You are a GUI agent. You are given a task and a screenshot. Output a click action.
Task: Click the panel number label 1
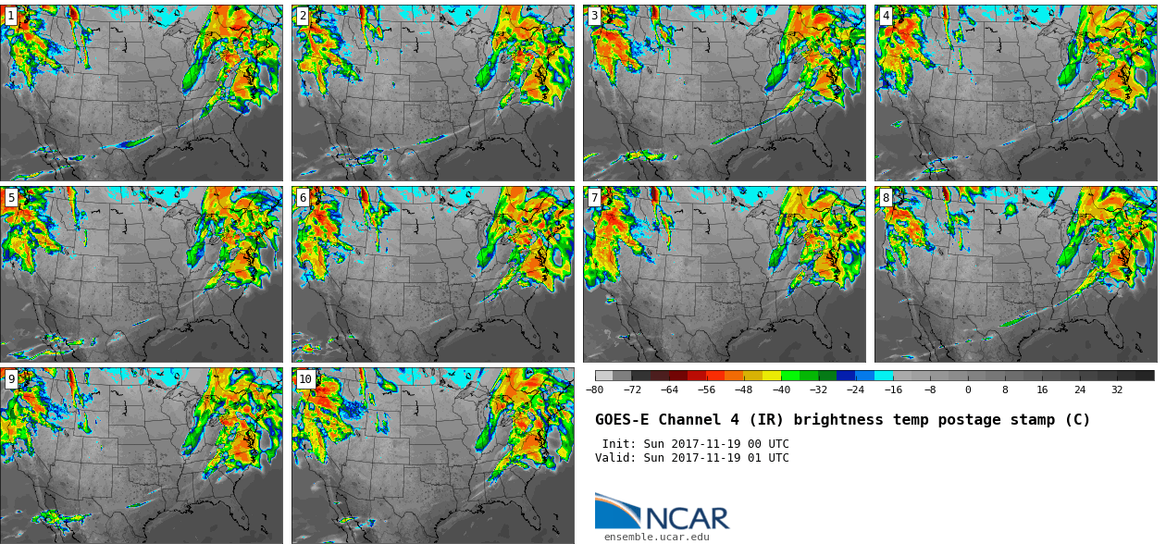pyautogui.click(x=11, y=16)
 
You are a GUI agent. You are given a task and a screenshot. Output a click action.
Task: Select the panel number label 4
pyautogui.click(x=886, y=16)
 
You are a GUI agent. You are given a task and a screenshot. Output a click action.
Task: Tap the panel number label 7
pyautogui.click(x=594, y=198)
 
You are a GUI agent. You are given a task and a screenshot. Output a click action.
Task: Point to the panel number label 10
pyautogui.click(x=305, y=379)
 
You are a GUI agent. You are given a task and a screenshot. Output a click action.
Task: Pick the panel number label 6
pyautogui.click(x=303, y=198)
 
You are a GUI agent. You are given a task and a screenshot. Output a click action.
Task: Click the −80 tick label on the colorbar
pyautogui.click(x=595, y=390)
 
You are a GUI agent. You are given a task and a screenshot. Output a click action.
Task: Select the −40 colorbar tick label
pyautogui.click(x=781, y=390)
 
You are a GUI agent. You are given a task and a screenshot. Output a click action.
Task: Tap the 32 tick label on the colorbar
pyautogui.click(x=1117, y=390)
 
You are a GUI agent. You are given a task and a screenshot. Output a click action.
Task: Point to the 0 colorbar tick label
pyautogui.click(x=968, y=390)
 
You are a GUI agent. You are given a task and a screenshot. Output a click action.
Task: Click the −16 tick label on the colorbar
pyautogui.click(x=893, y=390)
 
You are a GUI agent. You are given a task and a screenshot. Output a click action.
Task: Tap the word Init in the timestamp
pyautogui.click(x=619, y=444)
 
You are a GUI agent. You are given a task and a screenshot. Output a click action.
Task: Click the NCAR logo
pyautogui.click(x=662, y=513)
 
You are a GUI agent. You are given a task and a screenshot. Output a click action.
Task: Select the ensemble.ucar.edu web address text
pyautogui.click(x=657, y=537)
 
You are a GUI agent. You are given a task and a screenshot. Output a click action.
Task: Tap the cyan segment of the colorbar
pyautogui.click(x=884, y=376)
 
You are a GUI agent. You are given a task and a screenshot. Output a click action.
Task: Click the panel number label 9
pyautogui.click(x=11, y=379)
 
